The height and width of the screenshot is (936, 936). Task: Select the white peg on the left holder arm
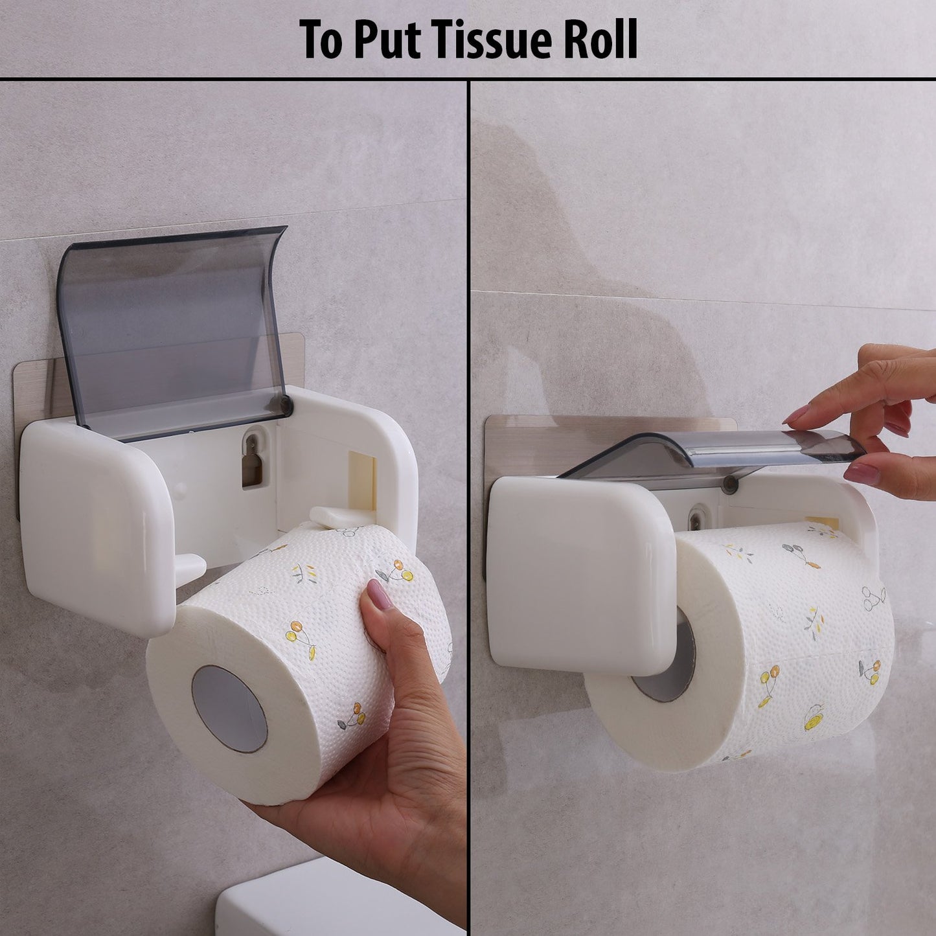click(190, 567)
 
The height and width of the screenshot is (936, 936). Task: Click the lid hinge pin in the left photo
click(284, 406)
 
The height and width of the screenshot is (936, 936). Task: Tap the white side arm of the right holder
click(576, 570)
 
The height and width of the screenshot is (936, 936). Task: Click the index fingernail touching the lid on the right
click(795, 415)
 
